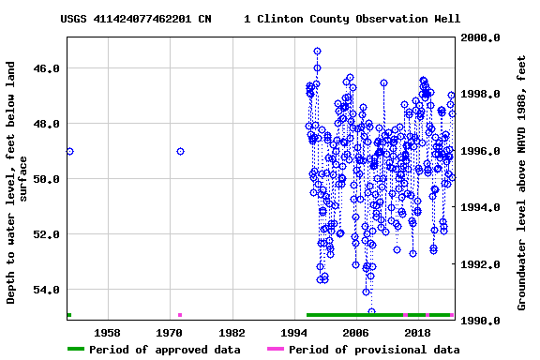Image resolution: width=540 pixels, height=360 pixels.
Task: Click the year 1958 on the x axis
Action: tap(108, 333)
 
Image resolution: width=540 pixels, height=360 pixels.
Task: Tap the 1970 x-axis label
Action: tap(170, 333)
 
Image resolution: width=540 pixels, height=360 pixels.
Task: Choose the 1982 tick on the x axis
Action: tap(232, 333)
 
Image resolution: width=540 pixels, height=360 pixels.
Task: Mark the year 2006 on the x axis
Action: tap(355, 333)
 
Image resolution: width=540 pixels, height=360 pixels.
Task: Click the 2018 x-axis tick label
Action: tap(417, 333)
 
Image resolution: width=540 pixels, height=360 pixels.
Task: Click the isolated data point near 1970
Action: tap(180, 152)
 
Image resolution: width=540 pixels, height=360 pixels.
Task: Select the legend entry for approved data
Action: tap(154, 350)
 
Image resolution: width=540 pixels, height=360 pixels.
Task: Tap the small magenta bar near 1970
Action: tap(180, 315)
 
